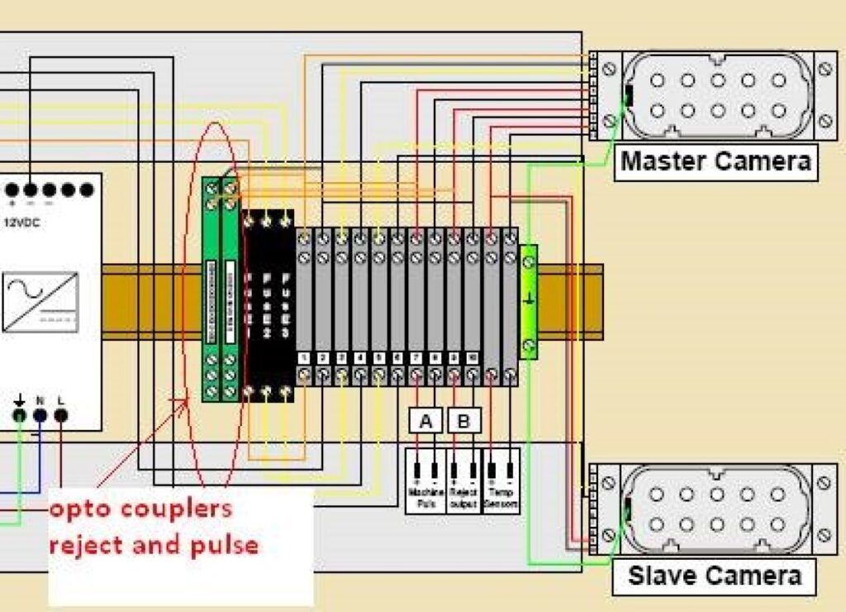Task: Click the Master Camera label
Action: point(715,160)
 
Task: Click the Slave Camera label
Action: point(714,576)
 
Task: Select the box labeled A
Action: point(426,422)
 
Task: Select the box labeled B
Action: point(464,422)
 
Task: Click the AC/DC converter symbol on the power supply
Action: point(40,303)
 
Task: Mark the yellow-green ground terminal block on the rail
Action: point(529,302)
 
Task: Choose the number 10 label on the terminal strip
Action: point(472,357)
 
